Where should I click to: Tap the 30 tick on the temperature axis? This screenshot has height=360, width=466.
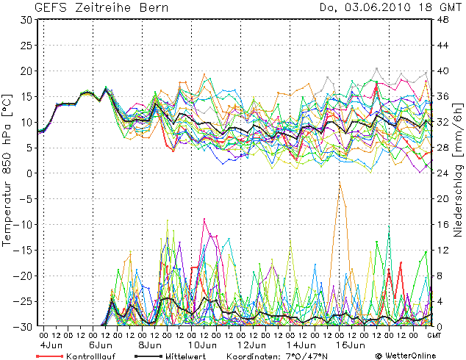pos(25,20)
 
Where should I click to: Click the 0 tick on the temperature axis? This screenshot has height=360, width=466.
pos(28,173)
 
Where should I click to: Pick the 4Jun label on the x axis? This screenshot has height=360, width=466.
pos(50,345)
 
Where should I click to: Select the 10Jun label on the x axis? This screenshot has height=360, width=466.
pos(201,345)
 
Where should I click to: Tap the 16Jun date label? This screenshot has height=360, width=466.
pos(351,345)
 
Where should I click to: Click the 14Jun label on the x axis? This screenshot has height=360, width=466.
pos(301,345)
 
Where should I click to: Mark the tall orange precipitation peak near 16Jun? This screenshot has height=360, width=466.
pos(340,184)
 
